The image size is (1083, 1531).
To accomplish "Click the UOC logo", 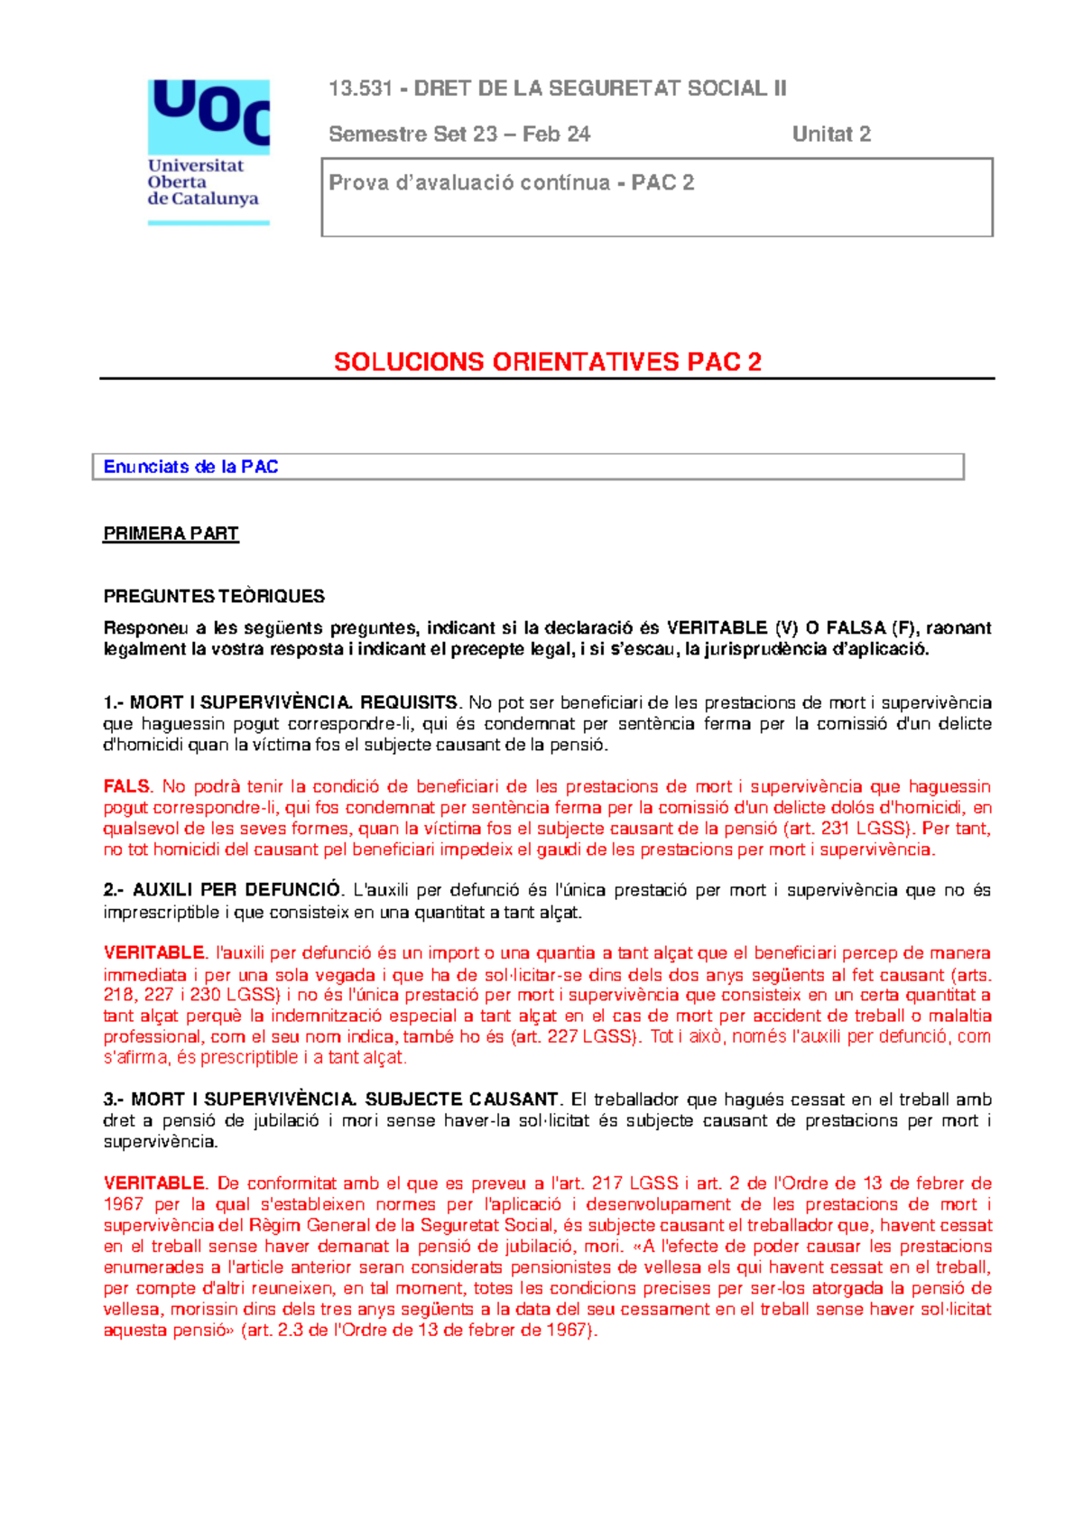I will click(208, 116).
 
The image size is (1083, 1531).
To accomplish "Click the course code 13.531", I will click(360, 88).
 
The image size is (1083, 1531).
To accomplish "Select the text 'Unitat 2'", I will click(831, 135).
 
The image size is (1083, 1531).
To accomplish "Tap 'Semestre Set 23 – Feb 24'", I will click(459, 135).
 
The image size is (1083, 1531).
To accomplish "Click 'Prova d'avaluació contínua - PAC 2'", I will click(511, 183).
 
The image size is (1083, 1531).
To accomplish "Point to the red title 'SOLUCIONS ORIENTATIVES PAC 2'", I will click(547, 362).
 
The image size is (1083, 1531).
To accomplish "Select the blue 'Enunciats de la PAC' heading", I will click(190, 467).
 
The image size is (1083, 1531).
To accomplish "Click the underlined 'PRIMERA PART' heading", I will click(171, 534).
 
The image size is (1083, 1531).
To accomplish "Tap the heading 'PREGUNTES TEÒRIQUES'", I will click(214, 596).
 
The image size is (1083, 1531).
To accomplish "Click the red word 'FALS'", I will click(127, 787).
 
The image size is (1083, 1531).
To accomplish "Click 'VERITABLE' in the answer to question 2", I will click(154, 953).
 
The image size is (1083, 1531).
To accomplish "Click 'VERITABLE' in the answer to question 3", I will click(154, 1183).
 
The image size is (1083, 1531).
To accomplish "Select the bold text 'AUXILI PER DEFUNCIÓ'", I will click(236, 891).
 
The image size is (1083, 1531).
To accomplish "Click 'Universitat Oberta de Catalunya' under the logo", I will click(202, 182).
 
